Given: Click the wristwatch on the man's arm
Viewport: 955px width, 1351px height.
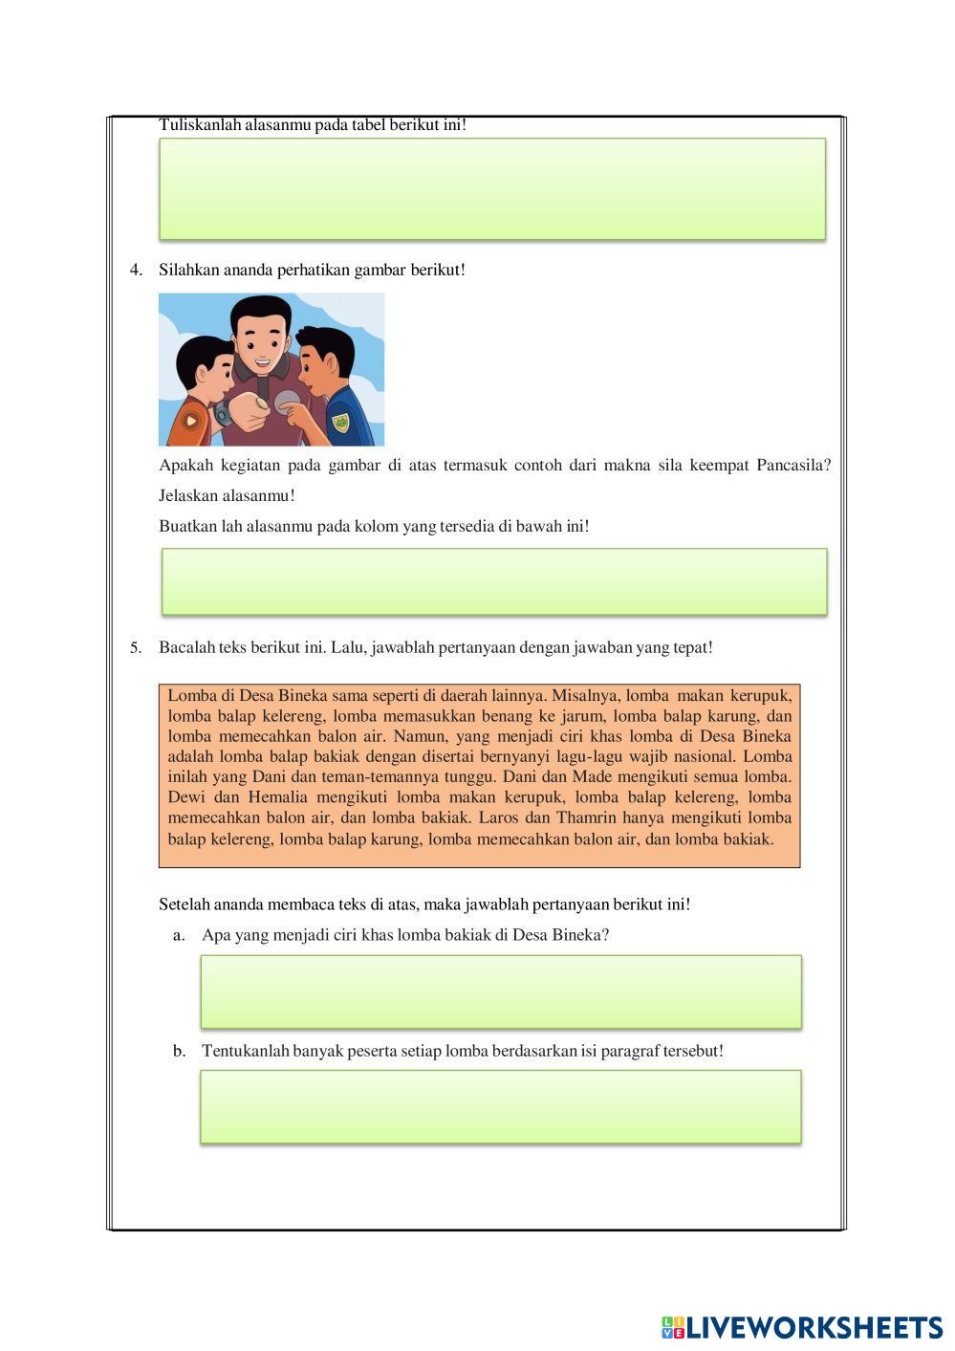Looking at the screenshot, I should pos(223,414).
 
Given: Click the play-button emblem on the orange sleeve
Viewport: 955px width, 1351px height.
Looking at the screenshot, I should pos(191,420).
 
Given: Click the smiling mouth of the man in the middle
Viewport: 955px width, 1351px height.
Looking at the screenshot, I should pos(259,361).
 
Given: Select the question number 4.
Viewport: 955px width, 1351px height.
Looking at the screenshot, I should pos(135,271).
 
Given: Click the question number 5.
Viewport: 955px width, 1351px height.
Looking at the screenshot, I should pos(135,648).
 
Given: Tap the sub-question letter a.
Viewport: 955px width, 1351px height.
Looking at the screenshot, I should pos(178,935).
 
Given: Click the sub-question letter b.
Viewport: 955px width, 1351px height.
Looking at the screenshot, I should pos(179,1051).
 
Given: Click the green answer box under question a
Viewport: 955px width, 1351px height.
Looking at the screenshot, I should pos(501,991).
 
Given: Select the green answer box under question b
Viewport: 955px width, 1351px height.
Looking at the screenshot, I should pos(501,1107).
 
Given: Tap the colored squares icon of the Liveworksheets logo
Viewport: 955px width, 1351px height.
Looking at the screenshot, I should pos(672,1327).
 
